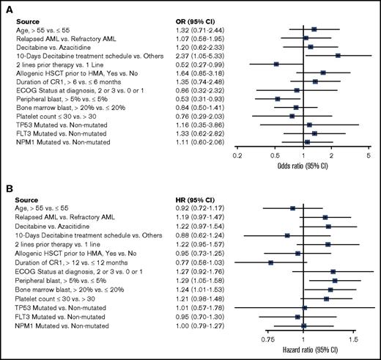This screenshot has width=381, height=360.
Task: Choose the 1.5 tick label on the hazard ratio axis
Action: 352,341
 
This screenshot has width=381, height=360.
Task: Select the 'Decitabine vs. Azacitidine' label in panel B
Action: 51,227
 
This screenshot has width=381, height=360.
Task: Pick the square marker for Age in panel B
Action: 292,208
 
